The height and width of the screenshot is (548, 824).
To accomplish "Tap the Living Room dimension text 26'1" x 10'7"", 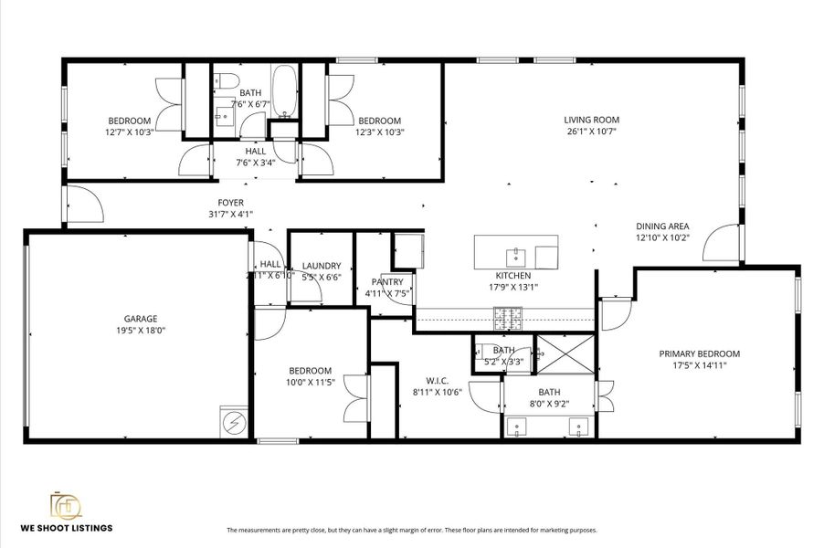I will pyautogui.click(x=591, y=132).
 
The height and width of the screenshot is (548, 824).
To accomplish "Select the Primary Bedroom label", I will pyautogui.click(x=699, y=353).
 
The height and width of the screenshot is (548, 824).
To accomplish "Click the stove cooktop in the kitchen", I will pyautogui.click(x=508, y=318).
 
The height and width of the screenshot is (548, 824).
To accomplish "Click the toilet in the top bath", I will pyautogui.click(x=221, y=80).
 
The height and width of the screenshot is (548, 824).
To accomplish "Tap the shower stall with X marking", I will pyautogui.click(x=565, y=353).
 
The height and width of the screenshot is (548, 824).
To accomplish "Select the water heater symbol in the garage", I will pyautogui.click(x=235, y=422).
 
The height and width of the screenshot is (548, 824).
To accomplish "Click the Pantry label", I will pyautogui.click(x=387, y=282).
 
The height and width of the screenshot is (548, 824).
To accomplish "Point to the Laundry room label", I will pyautogui.click(x=321, y=266).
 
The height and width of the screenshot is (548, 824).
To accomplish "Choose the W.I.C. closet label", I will pyautogui.click(x=437, y=380).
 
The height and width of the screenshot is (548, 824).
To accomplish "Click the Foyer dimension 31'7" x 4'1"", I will pyautogui.click(x=230, y=215).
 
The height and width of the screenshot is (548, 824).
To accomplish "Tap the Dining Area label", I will pyautogui.click(x=662, y=227).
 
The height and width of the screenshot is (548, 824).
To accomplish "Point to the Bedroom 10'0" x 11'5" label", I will pyautogui.click(x=311, y=370).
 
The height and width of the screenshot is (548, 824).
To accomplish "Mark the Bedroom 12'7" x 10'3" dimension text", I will pyautogui.click(x=129, y=132).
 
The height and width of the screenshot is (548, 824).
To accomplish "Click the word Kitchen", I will pyautogui.click(x=512, y=275).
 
